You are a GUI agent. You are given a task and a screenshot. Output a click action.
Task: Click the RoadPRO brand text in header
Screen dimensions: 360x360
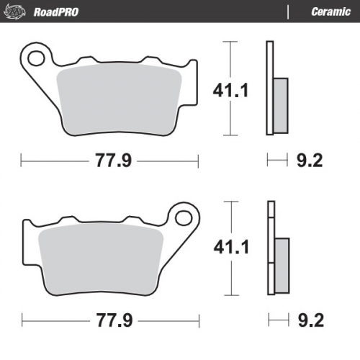click(x=56, y=12)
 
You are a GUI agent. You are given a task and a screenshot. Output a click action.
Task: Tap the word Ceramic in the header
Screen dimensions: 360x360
click(x=330, y=12)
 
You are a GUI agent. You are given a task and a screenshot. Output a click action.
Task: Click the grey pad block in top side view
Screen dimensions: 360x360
click(x=280, y=104)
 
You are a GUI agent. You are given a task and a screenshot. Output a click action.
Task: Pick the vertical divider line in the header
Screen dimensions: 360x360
click(x=288, y=12)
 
